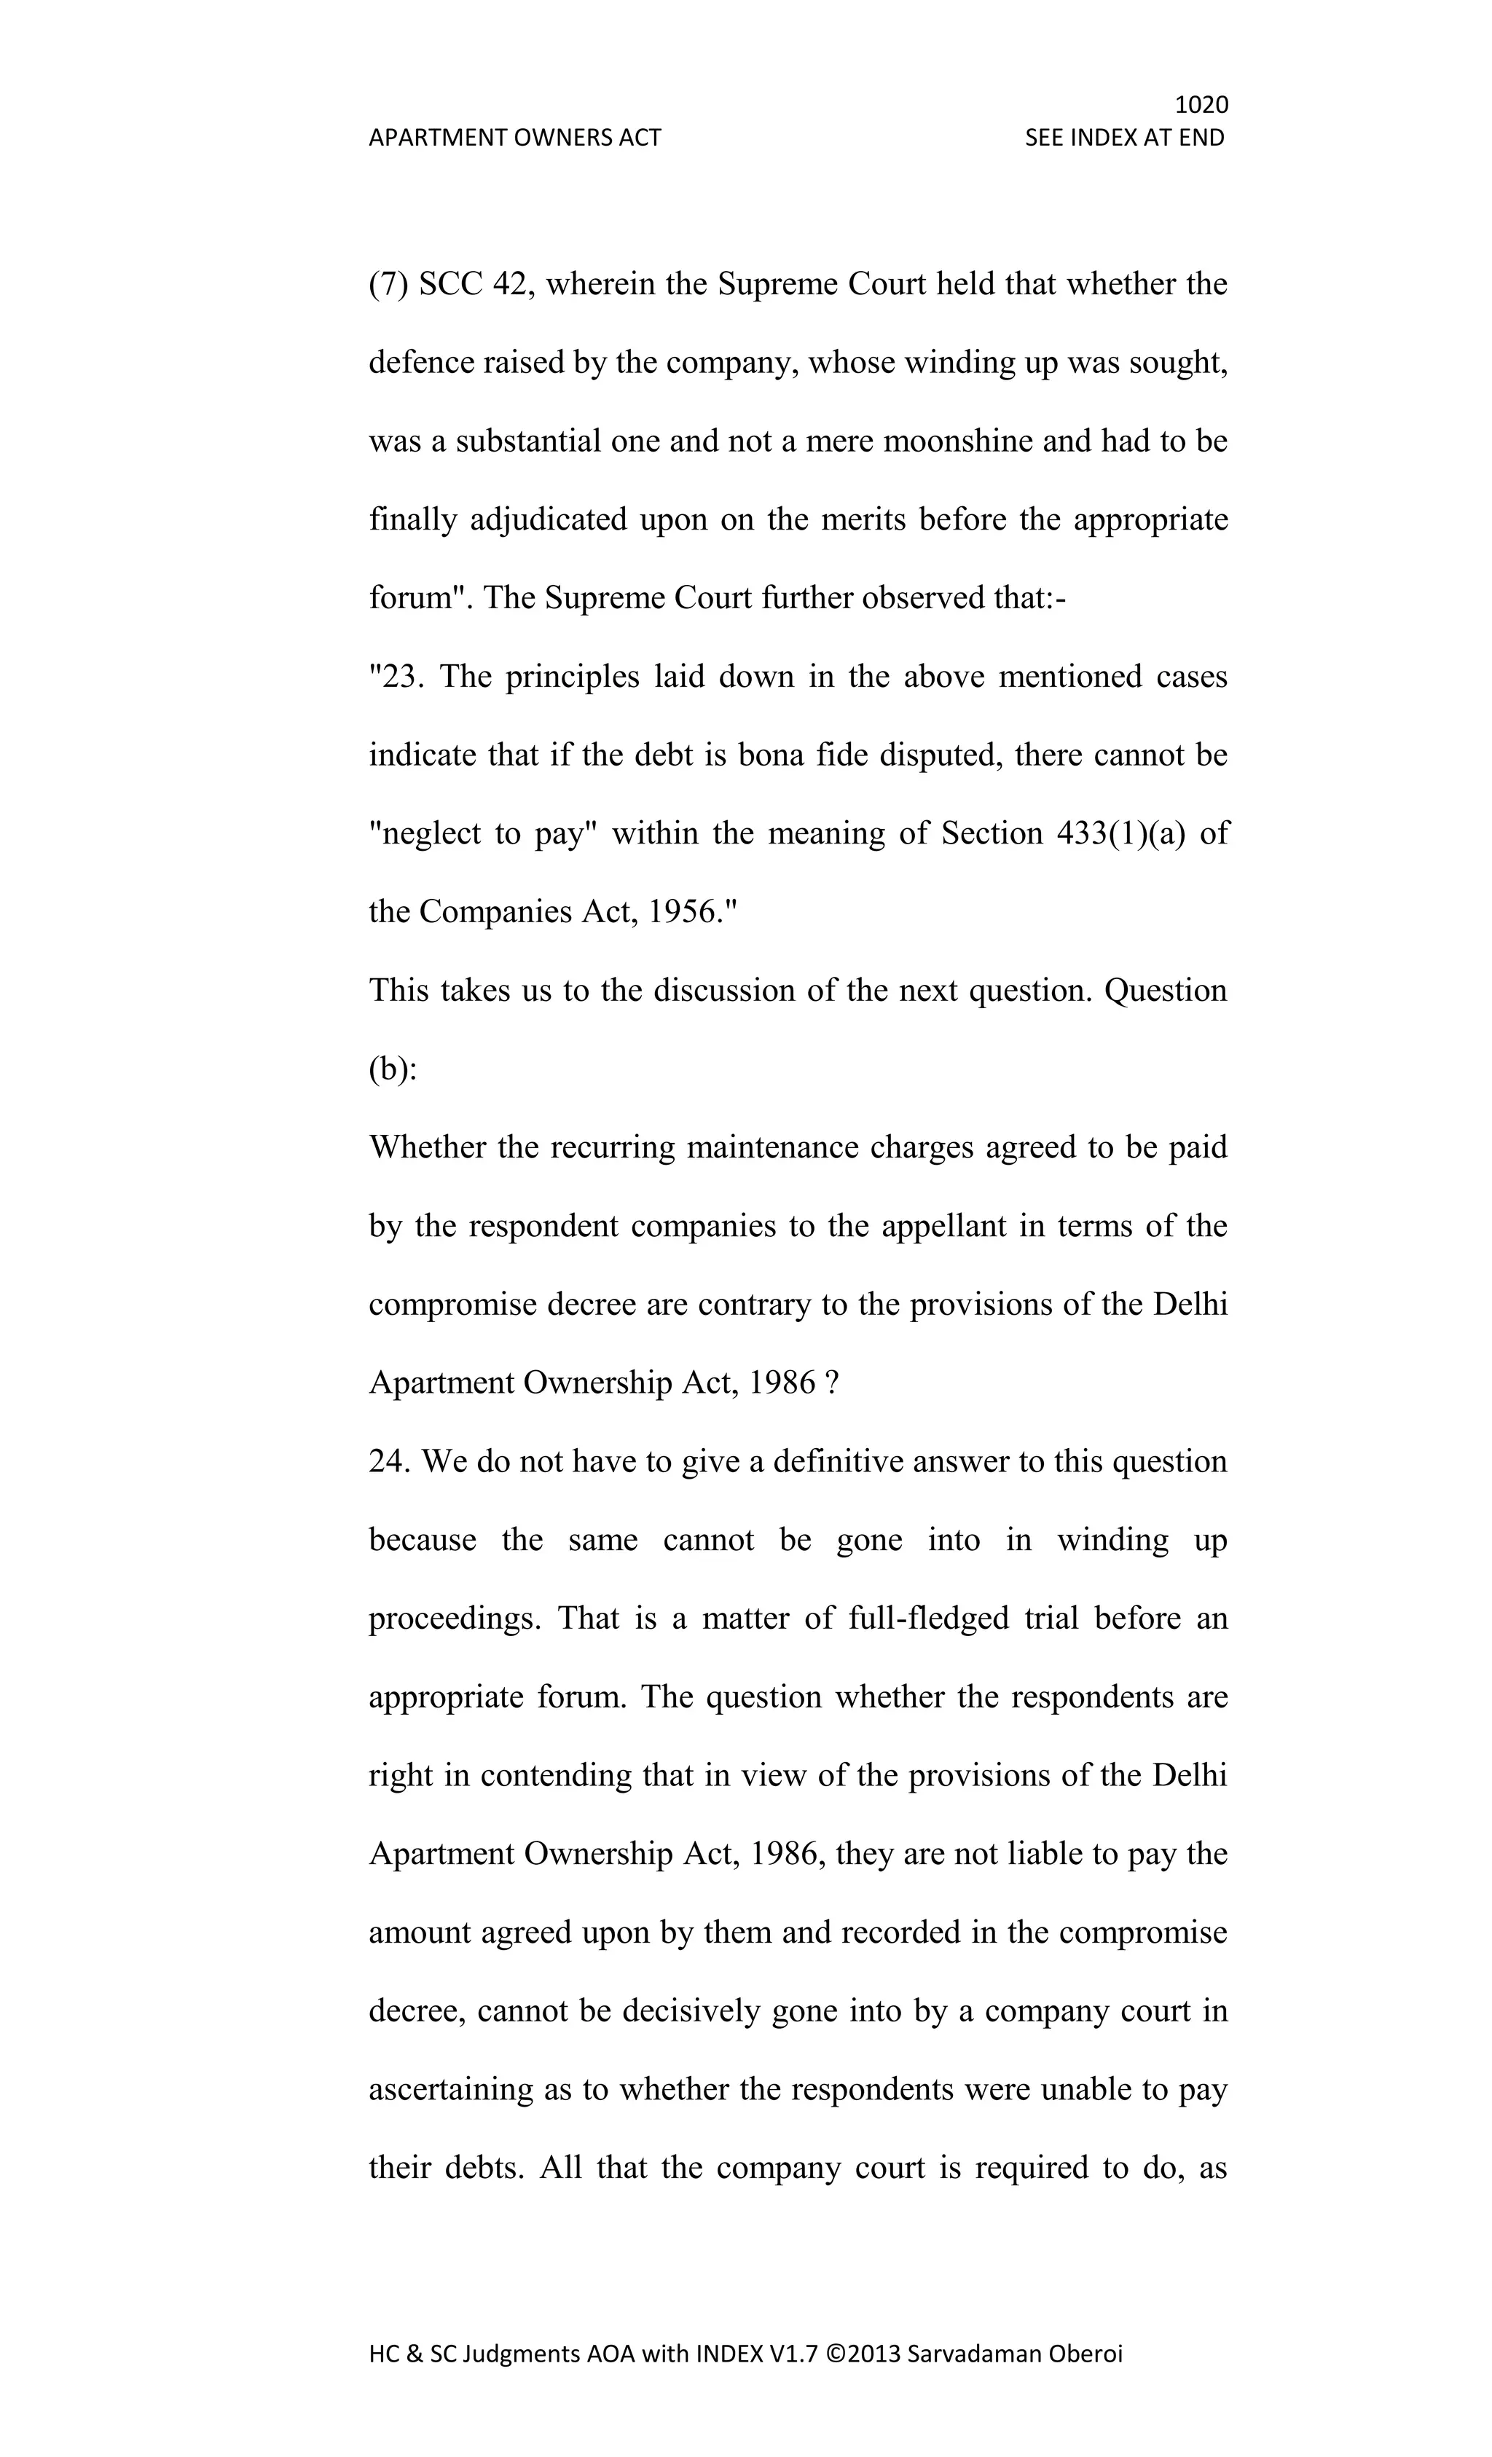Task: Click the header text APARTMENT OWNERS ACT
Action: pos(514,138)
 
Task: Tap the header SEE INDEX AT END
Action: pos(1124,138)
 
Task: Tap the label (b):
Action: pos(393,1069)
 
